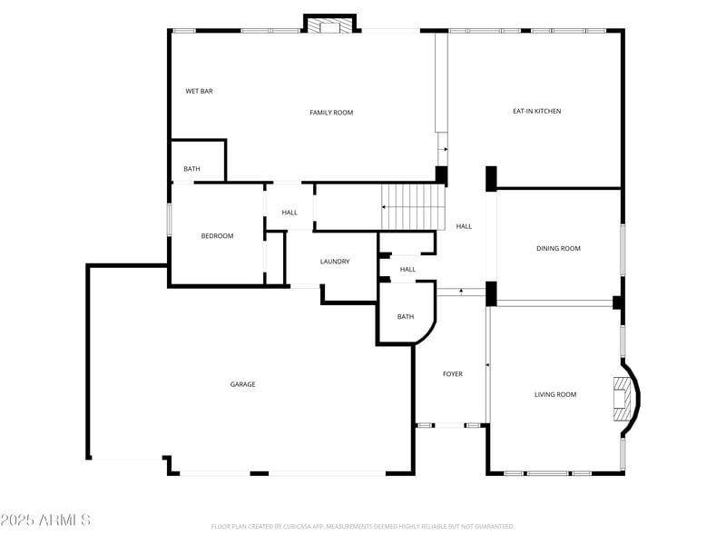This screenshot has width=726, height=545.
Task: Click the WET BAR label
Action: (199, 91)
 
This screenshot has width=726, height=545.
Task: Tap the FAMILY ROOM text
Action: (331, 113)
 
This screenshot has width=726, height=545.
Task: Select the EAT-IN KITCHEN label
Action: (536, 111)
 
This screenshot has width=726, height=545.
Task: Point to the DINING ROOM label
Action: (558, 248)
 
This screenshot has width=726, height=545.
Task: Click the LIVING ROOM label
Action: (555, 394)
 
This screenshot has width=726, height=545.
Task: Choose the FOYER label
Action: (452, 374)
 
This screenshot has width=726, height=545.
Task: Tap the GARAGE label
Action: (242, 384)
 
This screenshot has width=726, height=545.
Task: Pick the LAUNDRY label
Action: (335, 262)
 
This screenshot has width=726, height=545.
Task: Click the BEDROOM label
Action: (217, 236)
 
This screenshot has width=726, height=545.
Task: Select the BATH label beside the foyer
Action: (406, 316)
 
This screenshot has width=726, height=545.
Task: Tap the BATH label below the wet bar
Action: (191, 169)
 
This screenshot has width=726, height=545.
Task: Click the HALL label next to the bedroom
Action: (289, 213)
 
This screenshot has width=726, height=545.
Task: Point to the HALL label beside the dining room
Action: (464, 226)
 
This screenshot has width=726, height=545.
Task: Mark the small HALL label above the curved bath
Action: (407, 269)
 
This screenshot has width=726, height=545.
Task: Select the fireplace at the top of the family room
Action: (329, 25)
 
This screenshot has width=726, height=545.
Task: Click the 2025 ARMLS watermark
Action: (45, 520)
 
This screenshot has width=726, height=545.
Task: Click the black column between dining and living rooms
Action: (491, 293)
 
